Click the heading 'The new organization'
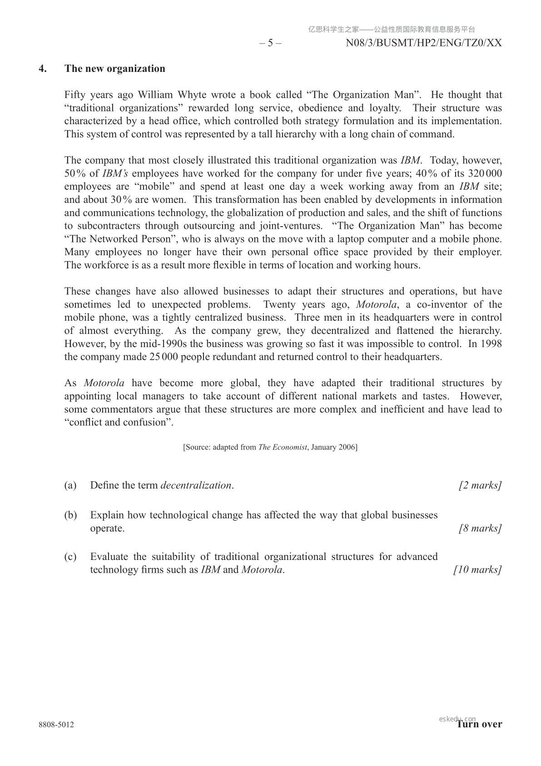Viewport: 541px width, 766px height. (x=115, y=69)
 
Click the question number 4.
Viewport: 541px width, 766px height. (x=43, y=69)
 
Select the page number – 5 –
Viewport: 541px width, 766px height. (x=270, y=43)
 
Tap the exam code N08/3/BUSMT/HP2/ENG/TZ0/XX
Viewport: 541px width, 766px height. (x=424, y=43)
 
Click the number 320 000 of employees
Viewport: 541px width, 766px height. (x=485, y=174)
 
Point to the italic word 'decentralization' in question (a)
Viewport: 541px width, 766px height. (x=196, y=485)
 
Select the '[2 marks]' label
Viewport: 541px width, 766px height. (x=480, y=485)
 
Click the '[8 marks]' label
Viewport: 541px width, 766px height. (x=480, y=529)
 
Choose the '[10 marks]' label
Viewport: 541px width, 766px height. (x=477, y=570)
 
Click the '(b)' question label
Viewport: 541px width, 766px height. (x=70, y=515)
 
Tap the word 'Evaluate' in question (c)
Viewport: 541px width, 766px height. (x=109, y=557)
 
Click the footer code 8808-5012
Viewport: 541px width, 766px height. (x=56, y=725)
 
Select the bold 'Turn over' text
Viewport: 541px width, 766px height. (x=480, y=725)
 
